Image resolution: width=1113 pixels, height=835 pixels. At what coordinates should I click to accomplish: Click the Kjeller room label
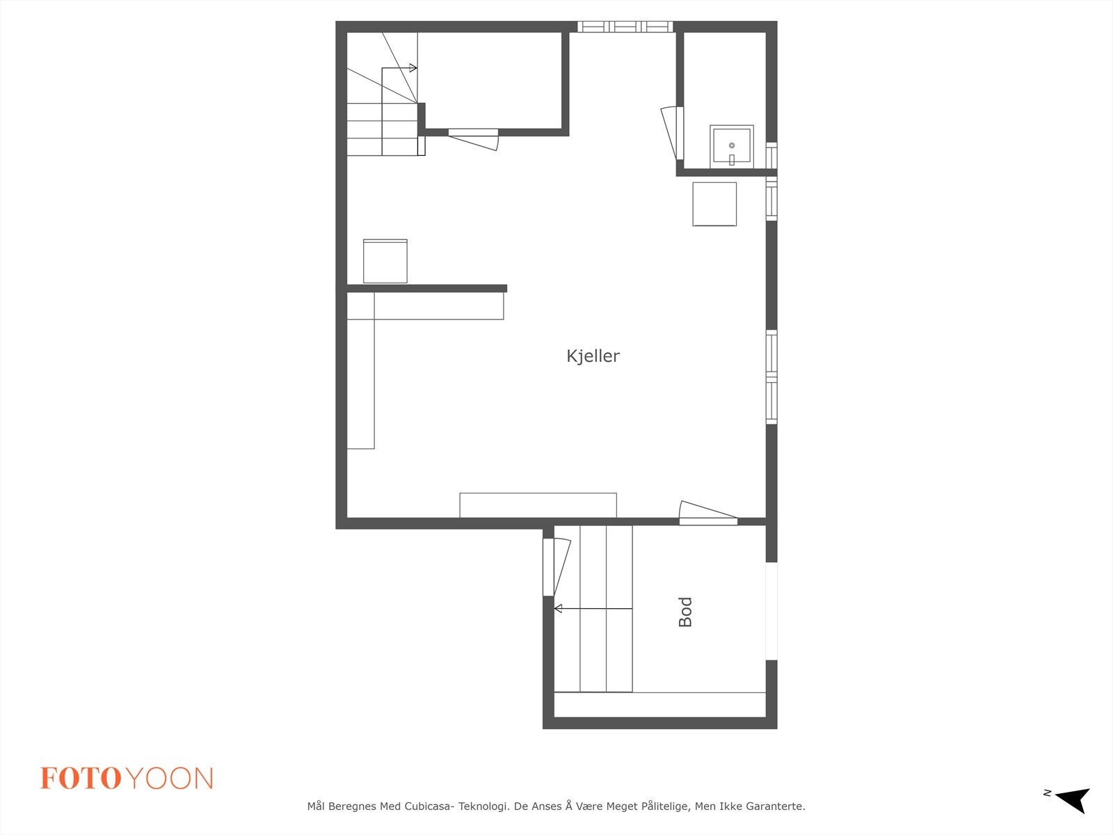coord(593,356)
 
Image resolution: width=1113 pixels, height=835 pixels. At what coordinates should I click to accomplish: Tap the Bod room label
coord(685,612)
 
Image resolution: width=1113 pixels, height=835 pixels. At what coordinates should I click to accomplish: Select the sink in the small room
coord(731,146)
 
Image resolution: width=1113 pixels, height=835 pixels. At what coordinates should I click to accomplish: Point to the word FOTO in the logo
coord(81,779)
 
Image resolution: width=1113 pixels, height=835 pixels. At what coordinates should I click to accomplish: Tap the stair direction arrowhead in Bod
coord(558,609)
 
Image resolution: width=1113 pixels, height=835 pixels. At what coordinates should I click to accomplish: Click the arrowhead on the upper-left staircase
coord(413,68)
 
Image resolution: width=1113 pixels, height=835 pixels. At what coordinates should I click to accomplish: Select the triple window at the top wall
coord(625,27)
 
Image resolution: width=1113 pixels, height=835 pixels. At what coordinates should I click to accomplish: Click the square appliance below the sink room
coord(714,204)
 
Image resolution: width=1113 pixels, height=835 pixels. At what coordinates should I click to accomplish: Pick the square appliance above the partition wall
coord(385,261)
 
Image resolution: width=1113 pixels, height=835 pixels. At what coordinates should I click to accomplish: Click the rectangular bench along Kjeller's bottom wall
coord(538,505)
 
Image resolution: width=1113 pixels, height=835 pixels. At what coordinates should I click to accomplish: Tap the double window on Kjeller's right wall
coord(771,377)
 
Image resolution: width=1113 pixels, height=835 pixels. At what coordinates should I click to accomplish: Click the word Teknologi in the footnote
coord(482,806)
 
